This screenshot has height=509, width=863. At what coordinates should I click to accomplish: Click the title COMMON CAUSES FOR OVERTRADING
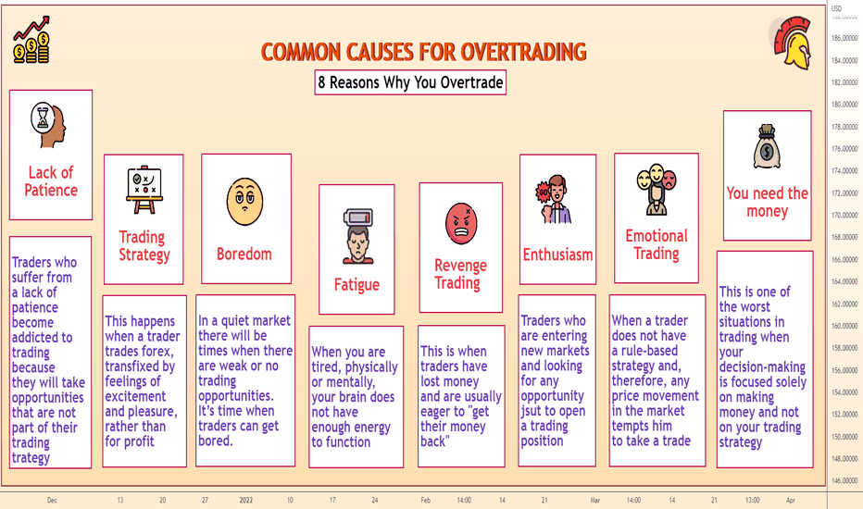tap(423, 52)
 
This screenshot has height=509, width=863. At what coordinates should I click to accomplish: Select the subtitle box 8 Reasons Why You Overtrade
tap(410, 82)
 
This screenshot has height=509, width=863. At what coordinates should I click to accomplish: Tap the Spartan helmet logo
tap(791, 43)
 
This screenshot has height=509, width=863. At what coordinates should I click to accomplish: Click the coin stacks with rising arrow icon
tap(31, 40)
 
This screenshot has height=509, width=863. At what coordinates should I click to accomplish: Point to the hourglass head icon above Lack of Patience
tap(48, 124)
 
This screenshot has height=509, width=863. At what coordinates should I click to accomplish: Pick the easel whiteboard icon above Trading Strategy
tap(144, 190)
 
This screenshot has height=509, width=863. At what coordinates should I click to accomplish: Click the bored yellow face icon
tap(245, 202)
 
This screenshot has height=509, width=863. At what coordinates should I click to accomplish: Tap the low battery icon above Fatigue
tap(357, 236)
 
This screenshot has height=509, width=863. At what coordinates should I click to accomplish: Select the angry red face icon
tap(461, 223)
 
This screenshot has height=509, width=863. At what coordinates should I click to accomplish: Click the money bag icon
tap(767, 146)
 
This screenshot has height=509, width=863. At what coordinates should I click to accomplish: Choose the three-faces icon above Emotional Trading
tap(657, 189)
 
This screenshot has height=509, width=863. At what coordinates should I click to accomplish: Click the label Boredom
tap(244, 254)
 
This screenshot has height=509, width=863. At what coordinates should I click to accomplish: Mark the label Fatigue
tap(356, 285)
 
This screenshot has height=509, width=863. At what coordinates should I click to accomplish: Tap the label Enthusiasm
tap(557, 254)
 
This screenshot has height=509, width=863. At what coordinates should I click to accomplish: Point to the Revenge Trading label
tap(461, 274)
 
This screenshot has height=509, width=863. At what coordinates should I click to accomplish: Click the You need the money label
tap(768, 202)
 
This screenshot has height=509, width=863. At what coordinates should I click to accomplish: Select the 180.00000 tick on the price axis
tap(844, 105)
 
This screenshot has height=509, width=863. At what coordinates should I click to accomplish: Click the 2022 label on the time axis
tap(246, 500)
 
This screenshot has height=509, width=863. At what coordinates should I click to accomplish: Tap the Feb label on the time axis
tap(425, 500)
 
